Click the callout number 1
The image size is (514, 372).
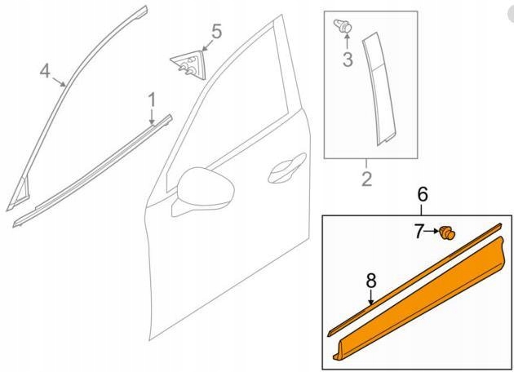152,100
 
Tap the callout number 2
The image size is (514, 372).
367,179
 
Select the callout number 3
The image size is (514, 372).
348,60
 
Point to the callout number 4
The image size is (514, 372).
45,71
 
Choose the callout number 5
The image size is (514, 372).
216,32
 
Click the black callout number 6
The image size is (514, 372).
423,194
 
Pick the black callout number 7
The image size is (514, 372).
419,232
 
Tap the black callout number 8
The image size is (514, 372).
370,281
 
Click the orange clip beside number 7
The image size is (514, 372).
447,233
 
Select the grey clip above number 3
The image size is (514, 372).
343,26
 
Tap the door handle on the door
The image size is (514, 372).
287,168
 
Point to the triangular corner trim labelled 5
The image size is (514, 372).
188,64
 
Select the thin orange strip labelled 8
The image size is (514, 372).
414,280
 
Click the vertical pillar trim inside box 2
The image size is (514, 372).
379,88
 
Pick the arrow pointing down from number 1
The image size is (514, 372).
152,117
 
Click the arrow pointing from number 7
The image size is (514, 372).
432,231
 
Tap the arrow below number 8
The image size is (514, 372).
371,297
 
